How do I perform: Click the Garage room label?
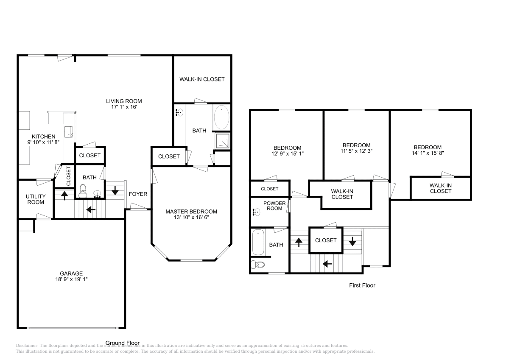[x=71, y=273]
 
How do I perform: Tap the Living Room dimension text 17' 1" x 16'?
[x=124, y=107]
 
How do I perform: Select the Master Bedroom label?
[x=191, y=212]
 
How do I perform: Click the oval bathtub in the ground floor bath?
[x=221, y=118]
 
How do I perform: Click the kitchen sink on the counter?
[x=69, y=131]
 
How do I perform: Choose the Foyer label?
[x=138, y=194]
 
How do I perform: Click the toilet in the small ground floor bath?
[x=83, y=190]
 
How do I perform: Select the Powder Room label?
[x=274, y=205]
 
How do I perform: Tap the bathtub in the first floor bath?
[x=258, y=242]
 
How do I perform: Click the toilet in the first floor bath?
[x=258, y=265]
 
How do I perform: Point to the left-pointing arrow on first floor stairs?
[x=327, y=264]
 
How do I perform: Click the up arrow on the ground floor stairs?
[x=64, y=195]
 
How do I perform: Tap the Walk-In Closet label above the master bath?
[x=202, y=79]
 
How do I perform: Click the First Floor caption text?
[x=362, y=285]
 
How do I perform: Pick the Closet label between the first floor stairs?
[x=326, y=240]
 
